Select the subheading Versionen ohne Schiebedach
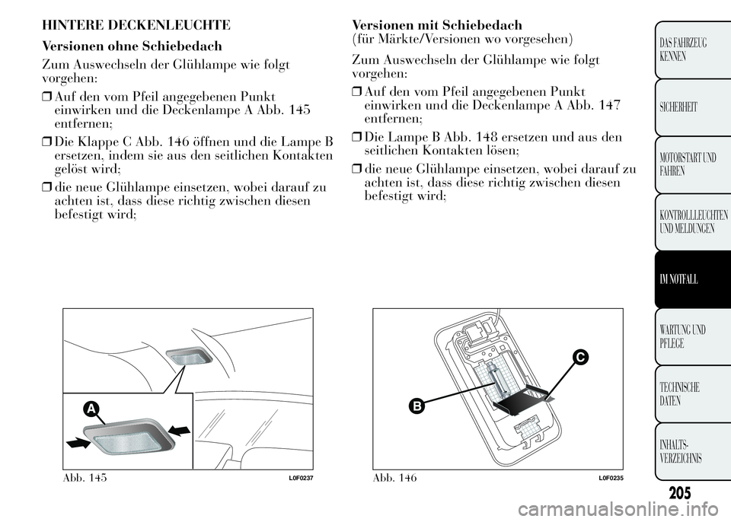pyautogui.click(x=132, y=46)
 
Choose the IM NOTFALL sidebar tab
pyautogui.click(x=690, y=280)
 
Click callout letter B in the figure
pyautogui.click(x=417, y=406)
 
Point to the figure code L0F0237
pyautogui.click(x=302, y=477)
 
